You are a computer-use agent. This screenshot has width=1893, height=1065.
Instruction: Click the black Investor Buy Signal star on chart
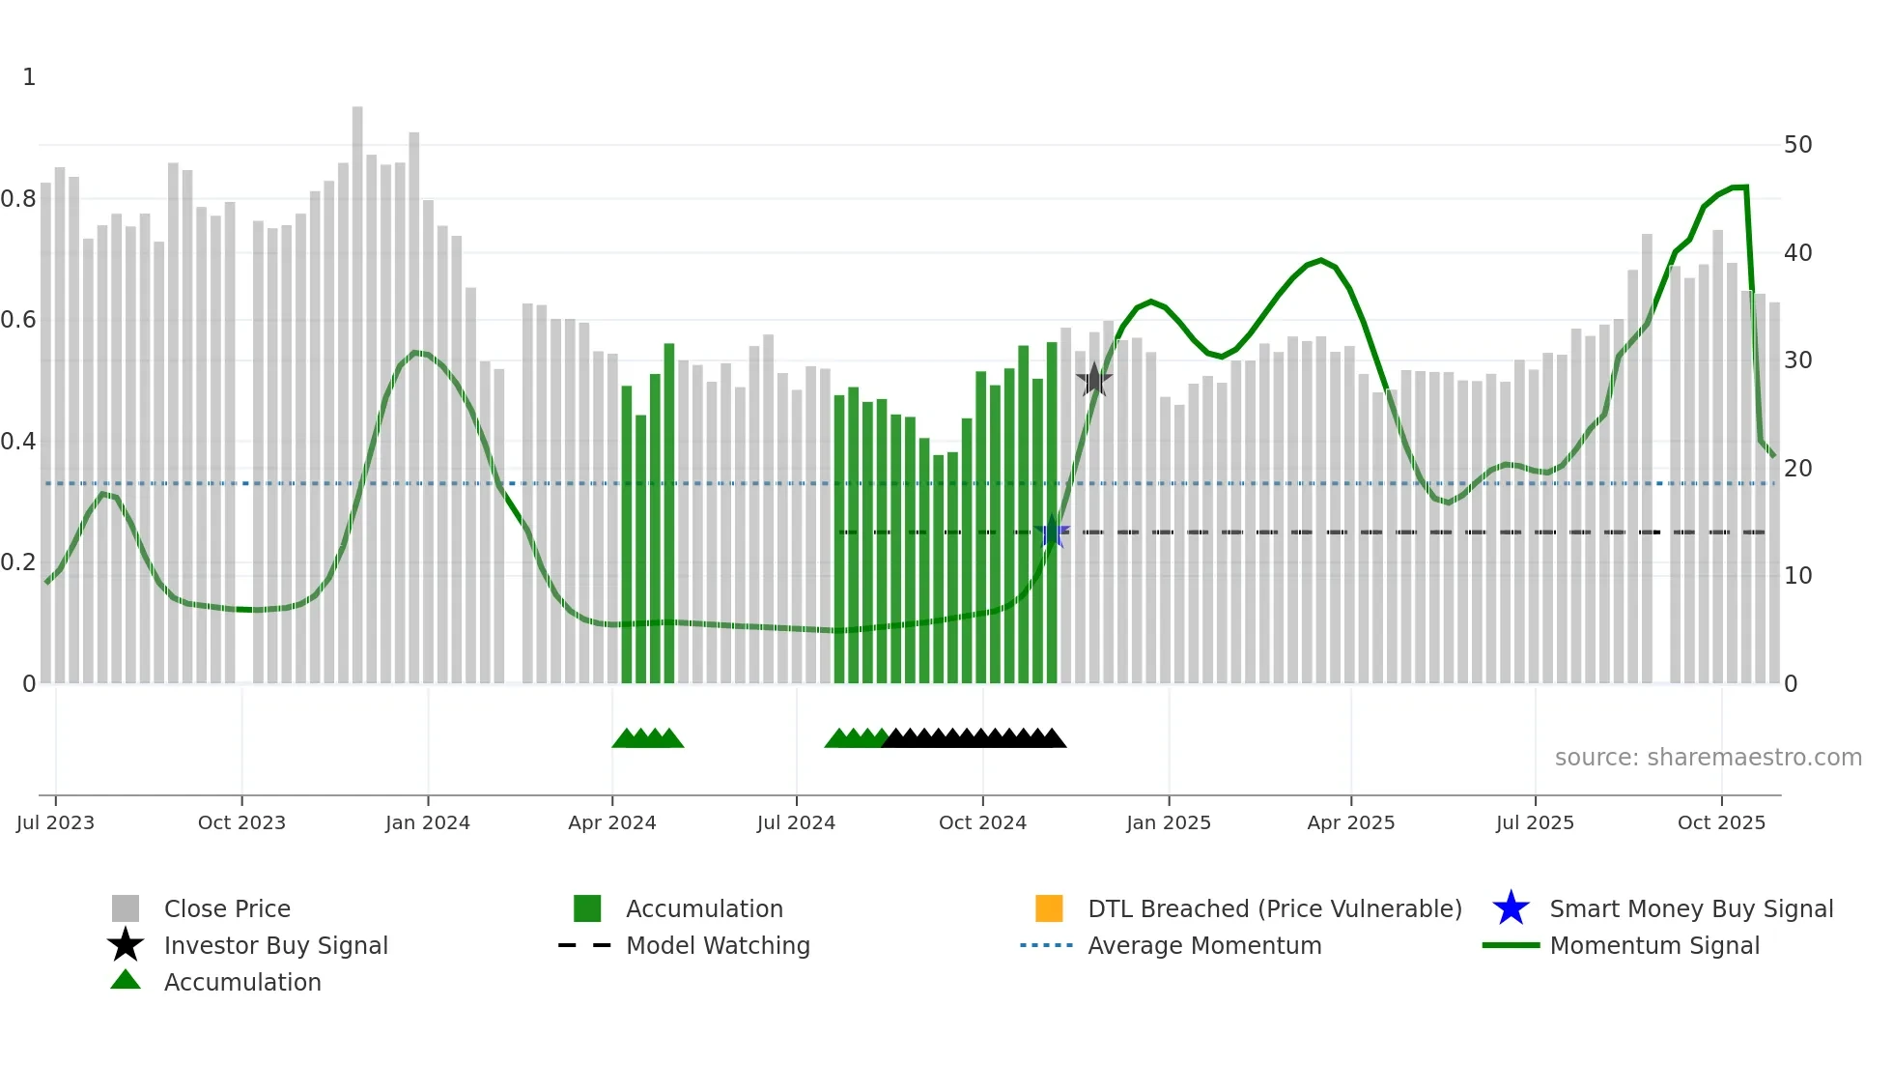tap(1093, 381)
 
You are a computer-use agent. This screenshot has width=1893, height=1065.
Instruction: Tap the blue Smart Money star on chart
tap(1053, 532)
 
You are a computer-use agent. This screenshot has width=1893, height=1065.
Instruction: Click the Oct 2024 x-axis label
tap(982, 822)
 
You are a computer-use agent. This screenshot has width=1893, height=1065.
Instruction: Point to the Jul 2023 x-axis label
tap(55, 822)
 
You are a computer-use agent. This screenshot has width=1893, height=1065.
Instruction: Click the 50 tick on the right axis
tap(1797, 145)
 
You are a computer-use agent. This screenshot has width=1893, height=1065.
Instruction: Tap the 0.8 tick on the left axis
tap(19, 199)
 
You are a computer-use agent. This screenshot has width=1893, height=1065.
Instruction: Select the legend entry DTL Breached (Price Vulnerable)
tap(1274, 908)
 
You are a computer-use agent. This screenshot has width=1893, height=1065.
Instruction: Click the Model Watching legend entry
tap(718, 945)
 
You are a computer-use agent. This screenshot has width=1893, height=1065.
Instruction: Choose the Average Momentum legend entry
tap(1203, 945)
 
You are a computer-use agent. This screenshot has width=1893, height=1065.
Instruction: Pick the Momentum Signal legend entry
tap(1653, 945)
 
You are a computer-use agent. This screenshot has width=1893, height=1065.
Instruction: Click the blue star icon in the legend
tap(1511, 908)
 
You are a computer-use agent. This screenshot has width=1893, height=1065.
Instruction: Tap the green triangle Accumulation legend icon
tap(126, 981)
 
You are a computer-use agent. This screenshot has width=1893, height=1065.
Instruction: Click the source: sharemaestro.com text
tap(1708, 758)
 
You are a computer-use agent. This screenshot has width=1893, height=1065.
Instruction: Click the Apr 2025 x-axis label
tap(1350, 822)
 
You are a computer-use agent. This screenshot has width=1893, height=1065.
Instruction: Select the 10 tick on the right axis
tap(1797, 576)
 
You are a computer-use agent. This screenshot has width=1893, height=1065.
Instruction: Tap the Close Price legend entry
tap(227, 908)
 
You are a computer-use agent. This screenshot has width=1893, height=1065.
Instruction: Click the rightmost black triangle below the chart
tap(1054, 738)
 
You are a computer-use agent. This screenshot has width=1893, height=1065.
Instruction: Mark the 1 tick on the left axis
tap(29, 77)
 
